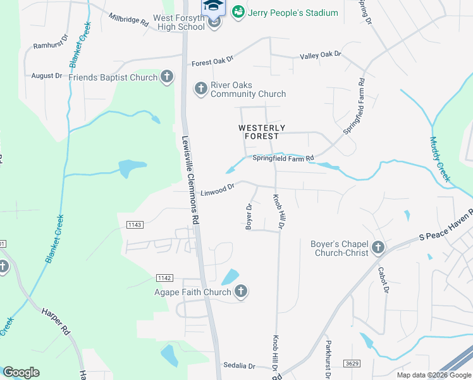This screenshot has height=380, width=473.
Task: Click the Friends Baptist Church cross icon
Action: point(166,77)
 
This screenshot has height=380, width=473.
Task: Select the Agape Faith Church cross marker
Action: point(240,292)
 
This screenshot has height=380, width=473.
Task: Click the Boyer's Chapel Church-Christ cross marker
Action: point(378,248)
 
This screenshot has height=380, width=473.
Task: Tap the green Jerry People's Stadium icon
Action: point(238,12)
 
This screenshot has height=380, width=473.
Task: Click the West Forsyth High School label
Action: point(179,22)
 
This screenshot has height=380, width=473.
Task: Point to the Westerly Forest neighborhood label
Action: point(258,132)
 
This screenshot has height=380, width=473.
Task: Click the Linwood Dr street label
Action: point(218,189)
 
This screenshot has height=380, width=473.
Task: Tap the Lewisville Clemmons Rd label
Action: point(190,180)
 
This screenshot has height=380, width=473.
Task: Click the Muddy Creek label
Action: point(439,160)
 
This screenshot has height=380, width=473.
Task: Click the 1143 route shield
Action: point(135,225)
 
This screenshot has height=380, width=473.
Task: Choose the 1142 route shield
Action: point(164,278)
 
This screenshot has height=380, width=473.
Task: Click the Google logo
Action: point(21,372)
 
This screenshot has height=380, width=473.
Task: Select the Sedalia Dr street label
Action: point(239,366)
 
